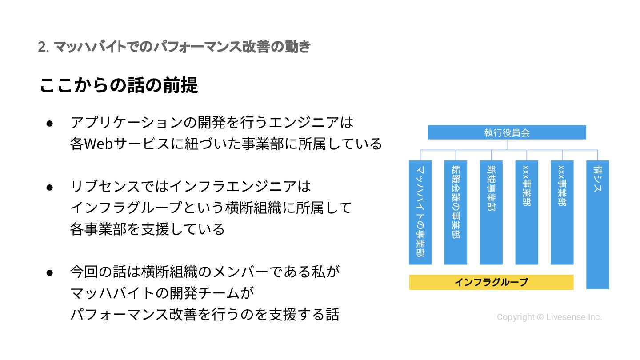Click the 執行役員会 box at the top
[x=507, y=132]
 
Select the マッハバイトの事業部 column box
[x=420, y=212]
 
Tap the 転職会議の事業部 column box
[x=456, y=212]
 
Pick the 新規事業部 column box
[x=491, y=212]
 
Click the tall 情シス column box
[x=598, y=224]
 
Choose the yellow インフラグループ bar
[x=491, y=282]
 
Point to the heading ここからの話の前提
[x=119, y=85]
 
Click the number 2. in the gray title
[x=43, y=47]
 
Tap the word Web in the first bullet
[x=102, y=144]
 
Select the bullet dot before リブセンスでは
[x=50, y=187]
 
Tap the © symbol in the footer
[x=540, y=317]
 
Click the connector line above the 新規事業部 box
[x=491, y=155]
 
